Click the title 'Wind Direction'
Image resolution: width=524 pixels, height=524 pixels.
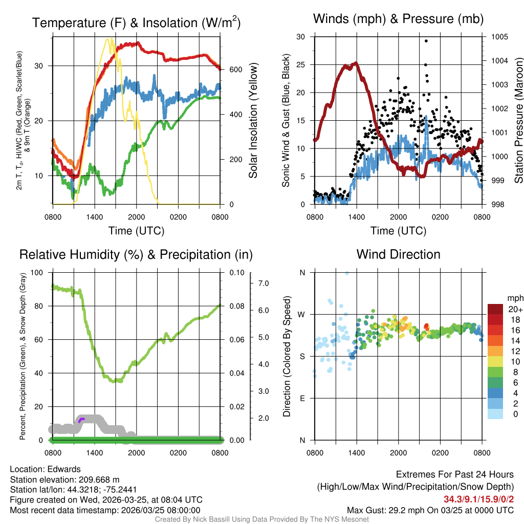(x=398, y=254)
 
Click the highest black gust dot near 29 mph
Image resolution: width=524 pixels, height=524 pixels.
(x=426, y=41)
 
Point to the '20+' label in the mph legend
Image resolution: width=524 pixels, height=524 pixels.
(x=514, y=310)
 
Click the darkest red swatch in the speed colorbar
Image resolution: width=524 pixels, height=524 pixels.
(x=495, y=310)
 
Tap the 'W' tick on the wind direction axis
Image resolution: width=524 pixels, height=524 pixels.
(x=302, y=314)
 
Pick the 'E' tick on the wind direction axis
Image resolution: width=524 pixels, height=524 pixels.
(x=302, y=398)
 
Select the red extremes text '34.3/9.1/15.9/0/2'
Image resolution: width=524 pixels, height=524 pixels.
(x=478, y=499)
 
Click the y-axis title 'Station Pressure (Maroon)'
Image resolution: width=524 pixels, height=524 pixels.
(x=518, y=121)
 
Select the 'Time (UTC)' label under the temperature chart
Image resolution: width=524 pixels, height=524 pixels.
(x=136, y=231)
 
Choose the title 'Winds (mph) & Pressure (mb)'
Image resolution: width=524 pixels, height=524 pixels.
(x=398, y=19)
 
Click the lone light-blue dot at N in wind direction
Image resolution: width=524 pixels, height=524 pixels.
(x=347, y=273)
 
